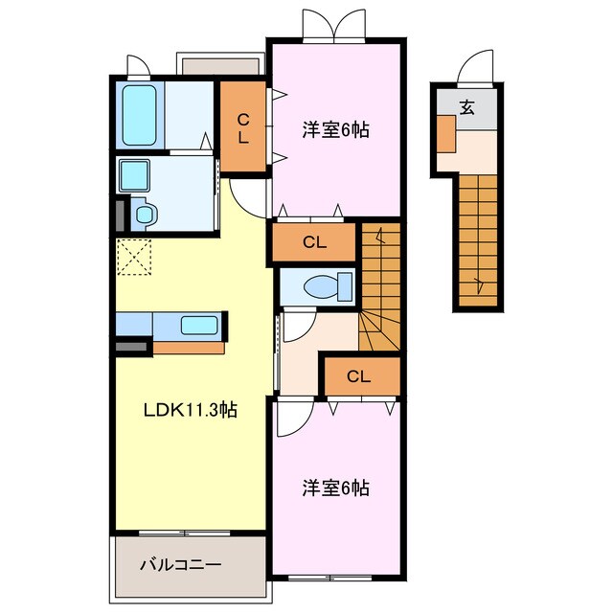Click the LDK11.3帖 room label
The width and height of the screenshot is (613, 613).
(x=191, y=411)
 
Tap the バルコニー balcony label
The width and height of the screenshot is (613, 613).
(x=182, y=564)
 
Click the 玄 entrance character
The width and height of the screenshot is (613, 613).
(x=466, y=108)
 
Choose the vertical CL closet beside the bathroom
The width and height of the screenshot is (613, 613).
(x=244, y=128)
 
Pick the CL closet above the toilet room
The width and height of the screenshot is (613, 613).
(x=315, y=242)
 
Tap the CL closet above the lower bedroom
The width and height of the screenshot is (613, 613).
(x=360, y=375)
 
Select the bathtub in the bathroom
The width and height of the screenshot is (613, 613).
(x=140, y=115)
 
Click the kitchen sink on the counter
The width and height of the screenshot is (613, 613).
(x=199, y=326)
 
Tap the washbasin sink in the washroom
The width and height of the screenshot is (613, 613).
(x=133, y=175)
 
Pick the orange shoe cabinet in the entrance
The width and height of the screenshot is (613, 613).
(x=447, y=133)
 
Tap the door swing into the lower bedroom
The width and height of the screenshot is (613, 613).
(x=293, y=416)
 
